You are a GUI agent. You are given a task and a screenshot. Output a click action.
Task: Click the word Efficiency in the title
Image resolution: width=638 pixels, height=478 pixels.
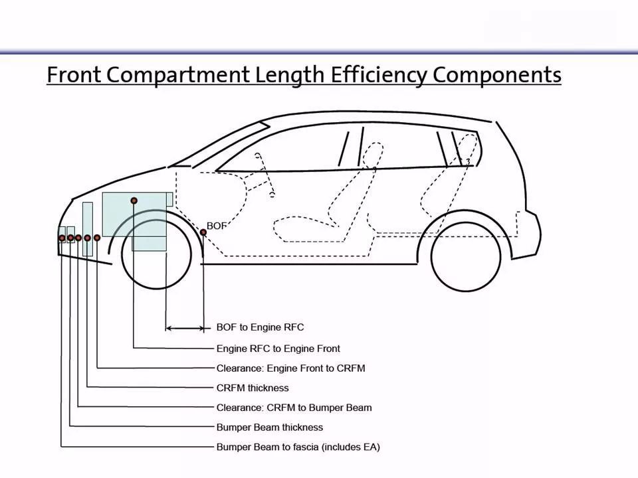pos(378,75)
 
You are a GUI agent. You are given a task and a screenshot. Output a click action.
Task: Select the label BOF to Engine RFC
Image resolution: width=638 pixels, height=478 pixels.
pos(260,327)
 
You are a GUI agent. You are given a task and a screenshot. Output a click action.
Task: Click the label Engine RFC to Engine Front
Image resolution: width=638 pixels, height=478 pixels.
pos(278,349)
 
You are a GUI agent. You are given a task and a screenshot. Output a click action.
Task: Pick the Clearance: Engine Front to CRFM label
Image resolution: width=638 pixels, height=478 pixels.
pos(290,368)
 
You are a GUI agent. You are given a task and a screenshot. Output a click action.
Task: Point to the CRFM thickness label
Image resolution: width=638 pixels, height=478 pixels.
pos(253,388)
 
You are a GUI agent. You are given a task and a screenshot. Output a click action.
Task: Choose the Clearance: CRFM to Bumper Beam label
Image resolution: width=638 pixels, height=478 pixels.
pos(294,407)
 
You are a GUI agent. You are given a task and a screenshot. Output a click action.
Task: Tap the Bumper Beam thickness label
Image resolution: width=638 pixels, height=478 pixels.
pos(269,427)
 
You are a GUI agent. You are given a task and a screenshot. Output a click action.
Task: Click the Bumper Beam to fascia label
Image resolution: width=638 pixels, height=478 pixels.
pos(298,447)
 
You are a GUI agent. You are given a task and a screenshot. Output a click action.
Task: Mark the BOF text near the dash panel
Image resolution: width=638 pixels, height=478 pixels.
pos(217,226)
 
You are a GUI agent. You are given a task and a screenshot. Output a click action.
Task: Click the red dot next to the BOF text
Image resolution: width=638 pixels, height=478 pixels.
pos(203,232)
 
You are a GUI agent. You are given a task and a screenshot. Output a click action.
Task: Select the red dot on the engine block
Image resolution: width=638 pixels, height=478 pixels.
pos(134,200)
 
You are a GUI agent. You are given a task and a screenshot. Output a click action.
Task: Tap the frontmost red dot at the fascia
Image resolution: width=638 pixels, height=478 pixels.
pos(62,238)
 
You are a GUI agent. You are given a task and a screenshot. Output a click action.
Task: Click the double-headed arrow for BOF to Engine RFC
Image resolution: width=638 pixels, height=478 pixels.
pos(185,328)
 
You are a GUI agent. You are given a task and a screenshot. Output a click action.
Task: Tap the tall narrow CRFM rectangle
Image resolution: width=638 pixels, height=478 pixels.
pos(88,229)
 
